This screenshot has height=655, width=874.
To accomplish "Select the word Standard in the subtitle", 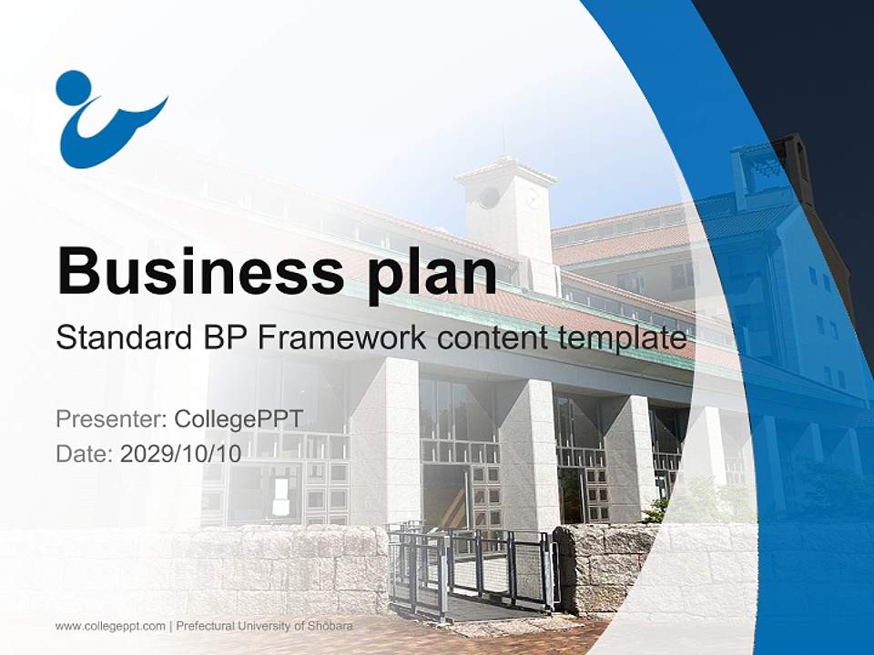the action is [125, 338].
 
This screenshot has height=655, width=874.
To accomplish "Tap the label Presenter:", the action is [111, 418].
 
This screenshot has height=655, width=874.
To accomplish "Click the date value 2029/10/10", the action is [180, 454].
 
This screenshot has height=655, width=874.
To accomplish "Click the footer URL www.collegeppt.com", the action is [110, 627].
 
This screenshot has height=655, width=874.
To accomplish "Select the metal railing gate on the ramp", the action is [473, 568].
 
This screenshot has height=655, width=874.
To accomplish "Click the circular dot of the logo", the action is [74, 88].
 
